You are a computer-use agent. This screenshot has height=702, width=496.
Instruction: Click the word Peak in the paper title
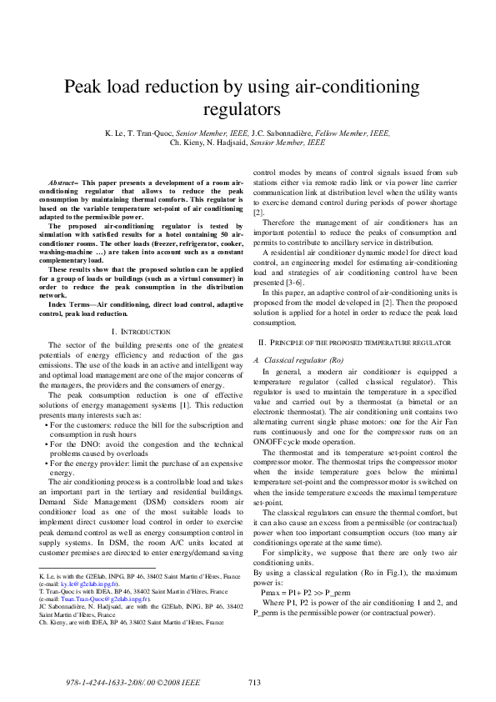click(83, 87)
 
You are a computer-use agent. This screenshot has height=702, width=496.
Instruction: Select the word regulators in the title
click(248, 108)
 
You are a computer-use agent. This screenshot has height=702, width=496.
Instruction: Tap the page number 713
click(255, 683)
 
